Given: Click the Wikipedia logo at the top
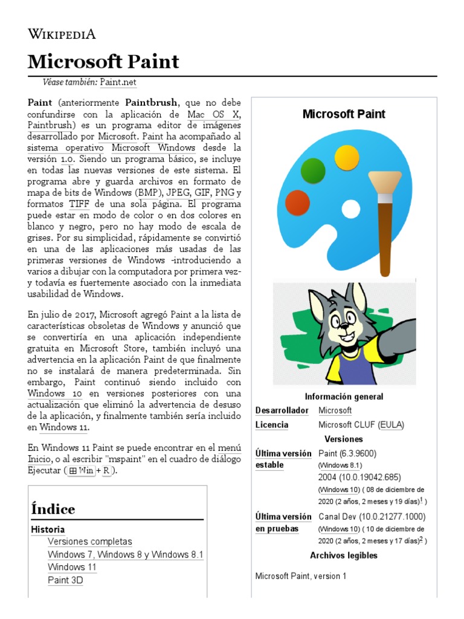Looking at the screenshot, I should [62, 34].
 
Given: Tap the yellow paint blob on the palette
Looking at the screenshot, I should [346, 157].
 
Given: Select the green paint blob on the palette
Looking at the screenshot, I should [313, 171].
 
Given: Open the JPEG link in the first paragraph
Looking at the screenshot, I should [178, 193].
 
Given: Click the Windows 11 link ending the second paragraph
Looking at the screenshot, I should [63, 427].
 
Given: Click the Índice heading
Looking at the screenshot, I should [53, 509].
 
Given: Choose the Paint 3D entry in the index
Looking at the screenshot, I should [65, 580].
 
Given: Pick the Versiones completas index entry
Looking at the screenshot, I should [89, 542].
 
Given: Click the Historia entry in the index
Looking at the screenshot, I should [48, 530].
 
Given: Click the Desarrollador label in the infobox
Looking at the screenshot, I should [280, 410].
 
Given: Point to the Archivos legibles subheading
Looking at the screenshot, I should [344, 555].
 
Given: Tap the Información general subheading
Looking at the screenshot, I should [344, 397].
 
